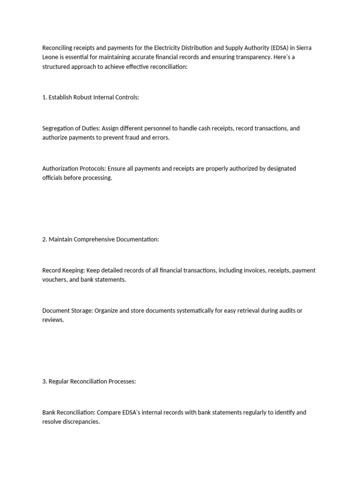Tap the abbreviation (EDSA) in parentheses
280,47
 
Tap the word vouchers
56,280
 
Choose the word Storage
80,311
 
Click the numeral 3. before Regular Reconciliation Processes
45,382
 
